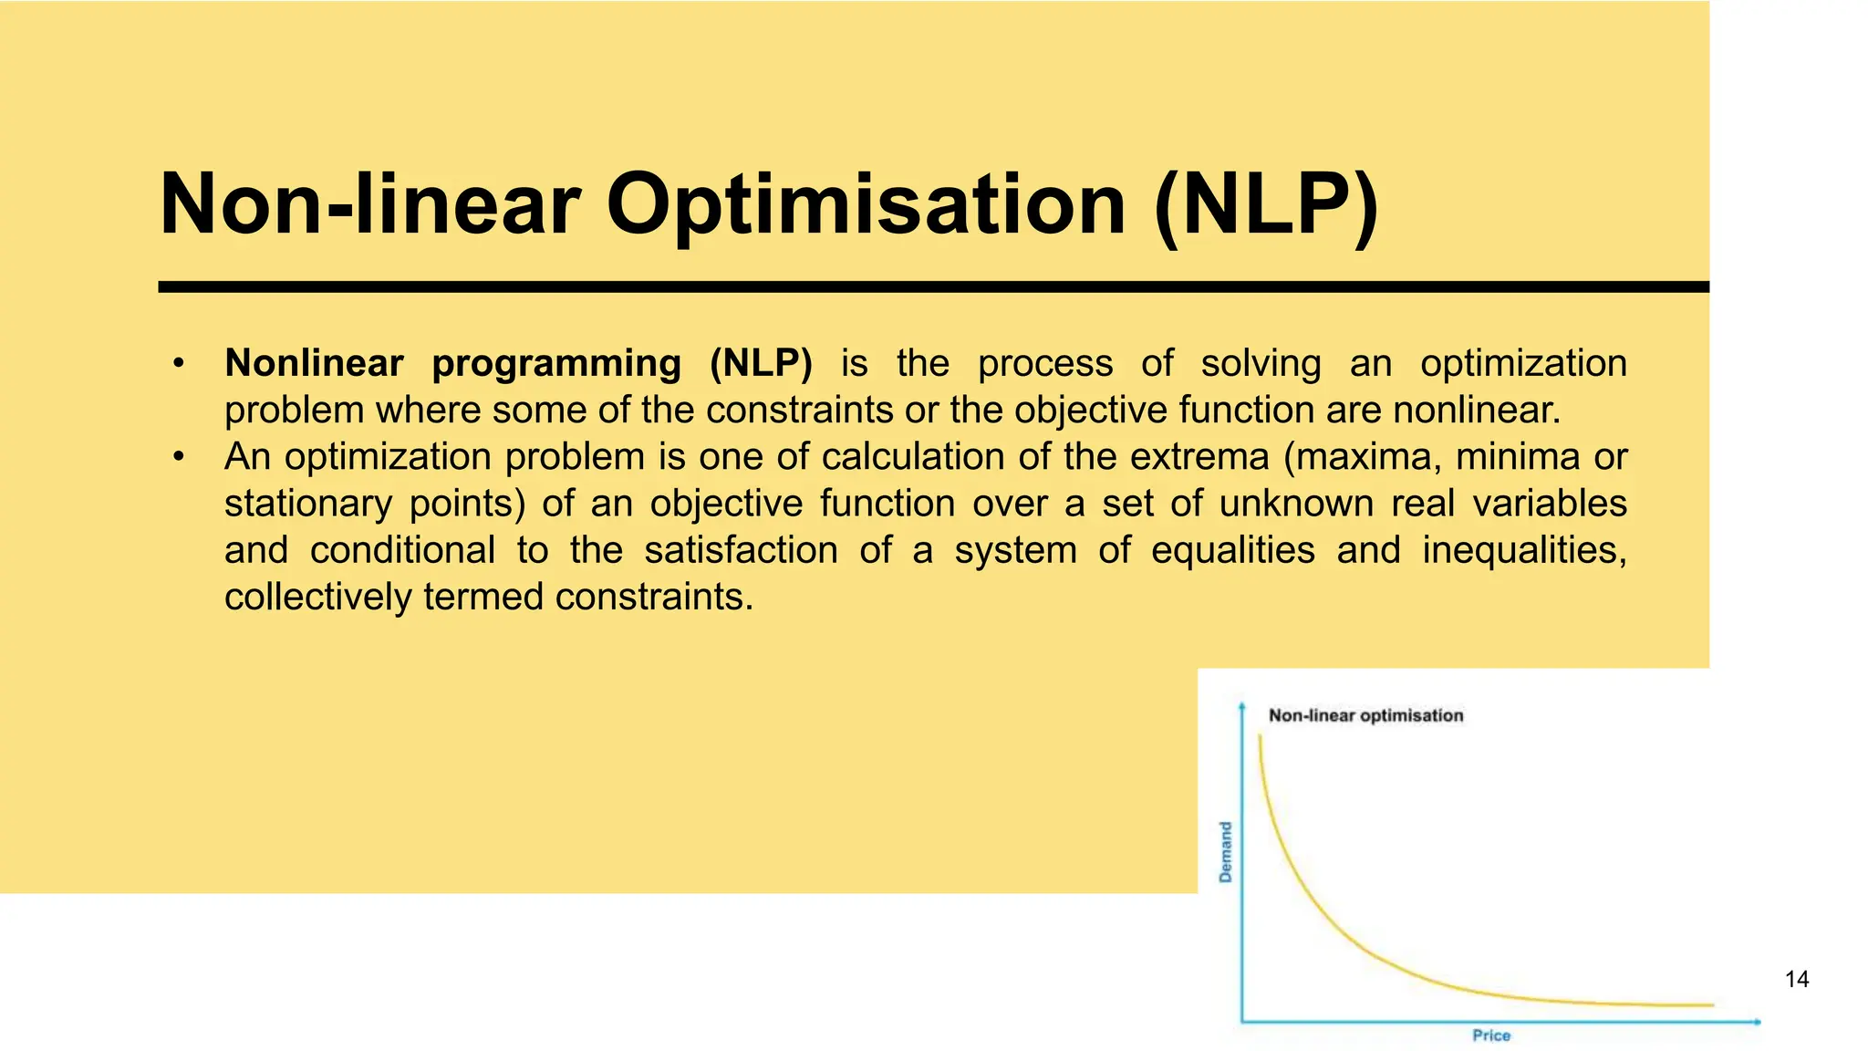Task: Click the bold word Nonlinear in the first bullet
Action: [314, 363]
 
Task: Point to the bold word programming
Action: [556, 363]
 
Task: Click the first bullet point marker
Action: [179, 364]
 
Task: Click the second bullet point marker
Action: [179, 457]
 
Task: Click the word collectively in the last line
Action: [318, 598]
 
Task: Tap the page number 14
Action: [1796, 980]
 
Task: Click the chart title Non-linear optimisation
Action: [1365, 716]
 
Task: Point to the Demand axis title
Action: [1226, 852]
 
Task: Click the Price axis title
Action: [1491, 1035]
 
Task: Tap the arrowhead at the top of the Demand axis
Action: [1241, 704]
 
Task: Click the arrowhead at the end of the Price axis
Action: [1758, 1022]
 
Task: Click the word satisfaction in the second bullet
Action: [741, 550]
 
